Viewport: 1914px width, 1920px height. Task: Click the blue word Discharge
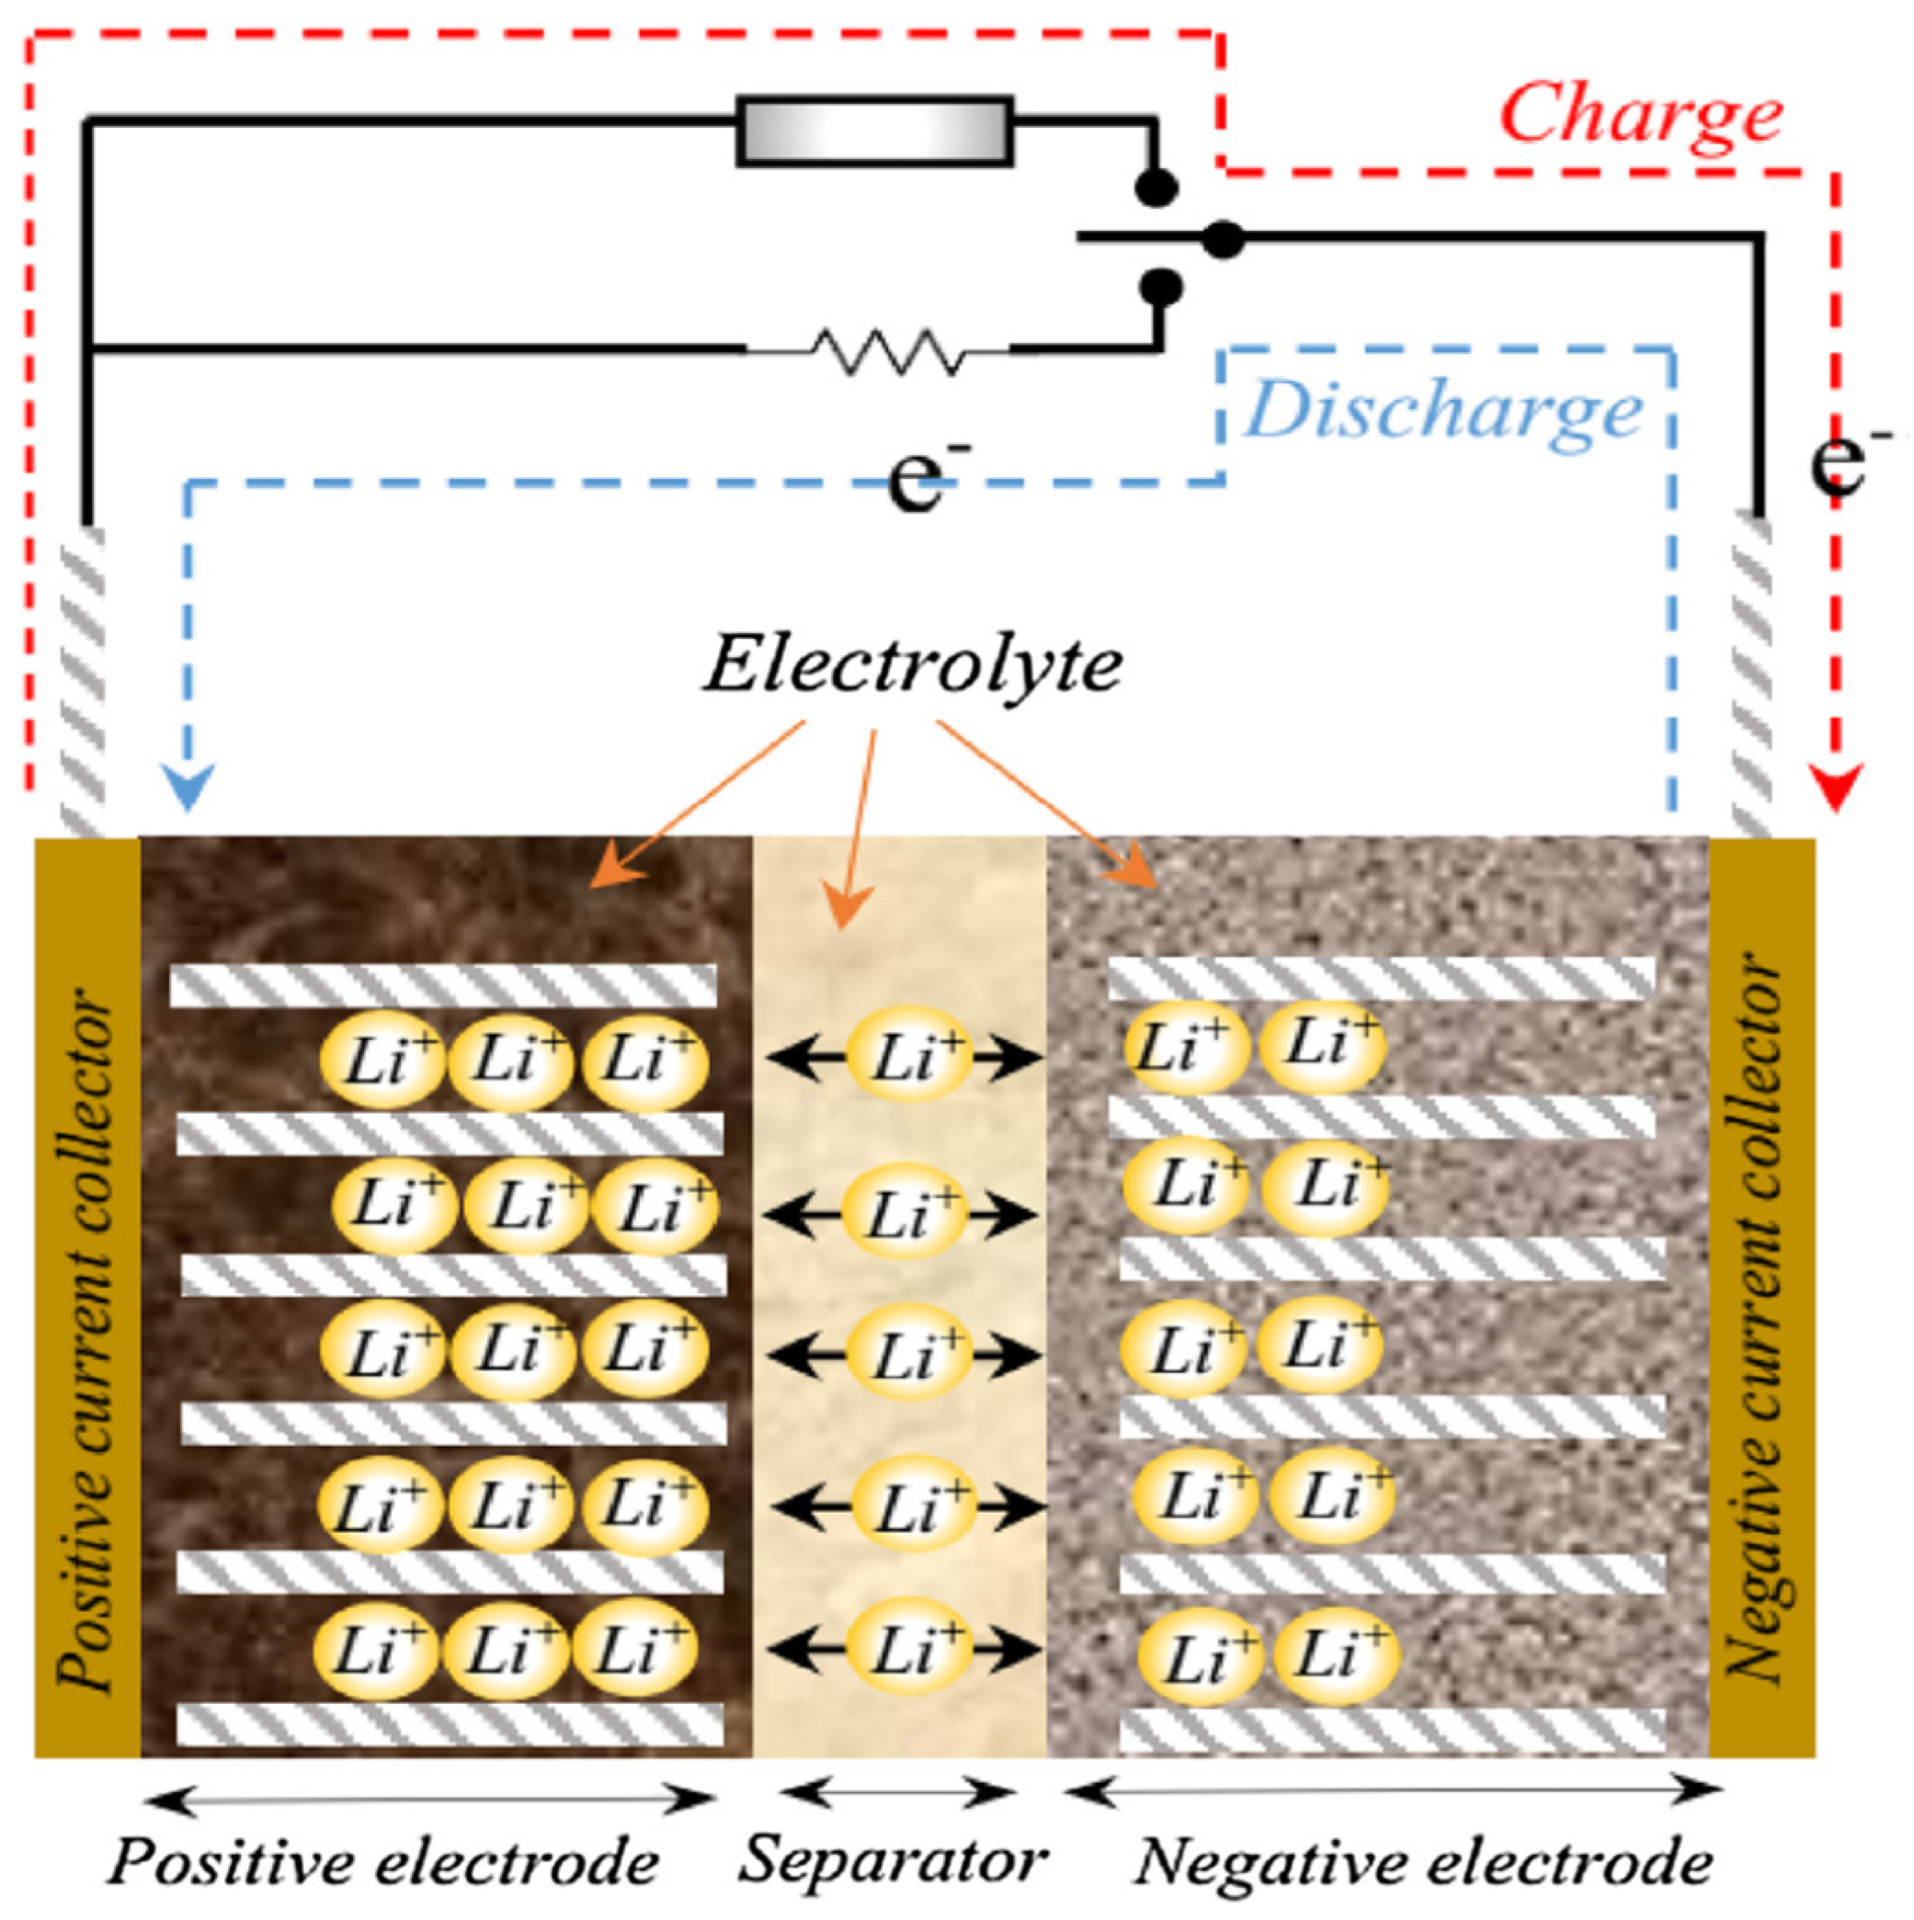(x=1442, y=412)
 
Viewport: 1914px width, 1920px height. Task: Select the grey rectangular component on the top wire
(x=874, y=131)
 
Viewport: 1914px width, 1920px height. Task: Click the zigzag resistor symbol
(x=884, y=351)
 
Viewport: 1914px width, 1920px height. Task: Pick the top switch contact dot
(x=1157, y=187)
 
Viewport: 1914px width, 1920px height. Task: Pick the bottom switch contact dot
(x=1160, y=286)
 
